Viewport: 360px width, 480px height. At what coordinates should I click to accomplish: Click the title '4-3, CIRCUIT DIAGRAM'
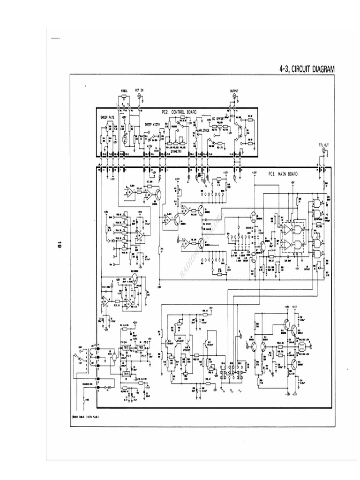[307, 69]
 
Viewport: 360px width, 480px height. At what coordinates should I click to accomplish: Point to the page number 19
[60, 244]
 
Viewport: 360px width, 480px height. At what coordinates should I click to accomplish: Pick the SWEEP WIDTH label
[152, 124]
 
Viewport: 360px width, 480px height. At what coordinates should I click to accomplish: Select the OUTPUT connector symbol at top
[234, 97]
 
